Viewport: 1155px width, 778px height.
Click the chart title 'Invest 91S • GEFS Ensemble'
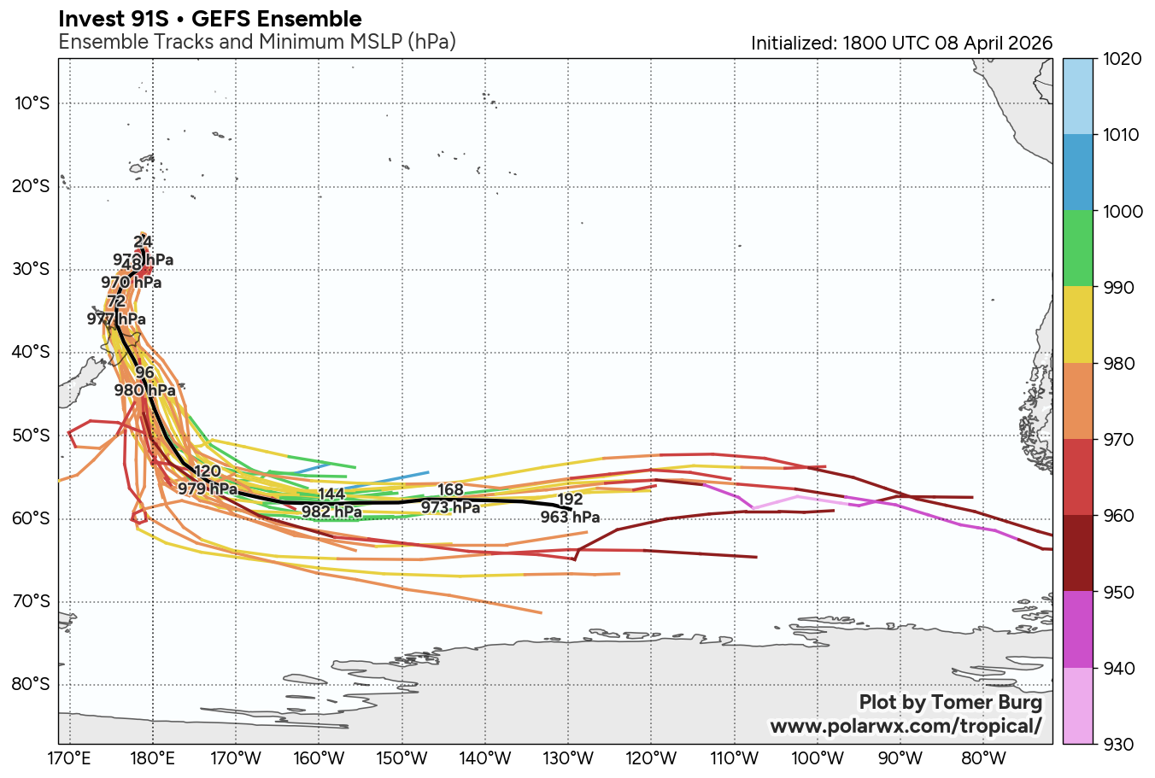[210, 19]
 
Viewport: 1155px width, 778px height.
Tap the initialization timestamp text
[901, 43]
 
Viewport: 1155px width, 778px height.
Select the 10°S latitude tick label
[32, 104]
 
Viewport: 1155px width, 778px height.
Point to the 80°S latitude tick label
[32, 685]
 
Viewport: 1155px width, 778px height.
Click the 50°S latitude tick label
[32, 436]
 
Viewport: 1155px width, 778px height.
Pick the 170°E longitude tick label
[69, 758]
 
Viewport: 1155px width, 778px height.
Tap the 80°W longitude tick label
[982, 758]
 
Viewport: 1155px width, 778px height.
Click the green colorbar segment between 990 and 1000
[1077, 249]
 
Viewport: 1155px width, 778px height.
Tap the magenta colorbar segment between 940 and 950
[1077, 629]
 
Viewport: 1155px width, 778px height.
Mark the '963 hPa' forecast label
[570, 518]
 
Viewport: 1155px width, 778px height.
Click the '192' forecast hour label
[570, 500]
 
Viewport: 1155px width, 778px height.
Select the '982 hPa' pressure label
[331, 512]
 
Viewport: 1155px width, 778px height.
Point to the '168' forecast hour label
[450, 490]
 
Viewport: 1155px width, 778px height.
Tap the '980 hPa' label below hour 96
[144, 390]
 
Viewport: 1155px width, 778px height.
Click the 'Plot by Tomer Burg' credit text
[951, 703]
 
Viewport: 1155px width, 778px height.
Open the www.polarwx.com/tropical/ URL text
[906, 726]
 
